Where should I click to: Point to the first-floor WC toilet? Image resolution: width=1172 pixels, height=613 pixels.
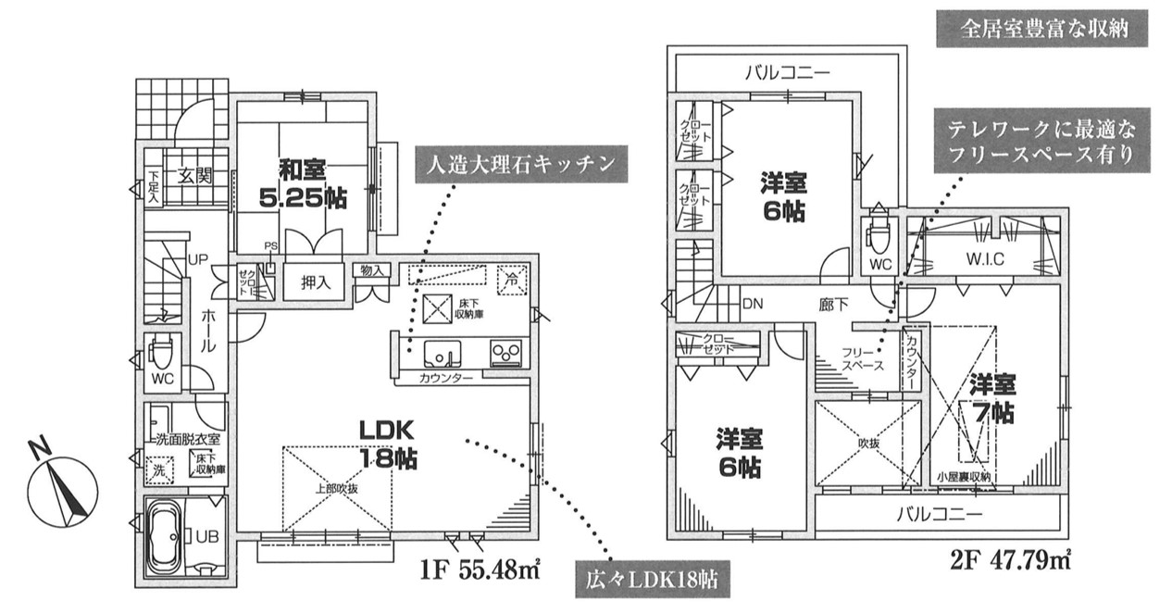pyautogui.click(x=162, y=355)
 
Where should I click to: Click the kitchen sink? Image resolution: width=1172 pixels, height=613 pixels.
pyautogui.click(x=442, y=353)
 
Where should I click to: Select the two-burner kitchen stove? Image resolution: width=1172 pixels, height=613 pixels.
pyautogui.click(x=505, y=354)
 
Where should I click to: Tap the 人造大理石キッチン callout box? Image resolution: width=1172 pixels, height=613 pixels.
pyautogui.click(x=517, y=166)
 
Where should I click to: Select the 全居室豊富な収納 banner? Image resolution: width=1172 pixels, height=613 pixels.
pyautogui.click(x=1043, y=29)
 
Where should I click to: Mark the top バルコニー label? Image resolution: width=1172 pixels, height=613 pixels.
pyautogui.click(x=787, y=71)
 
